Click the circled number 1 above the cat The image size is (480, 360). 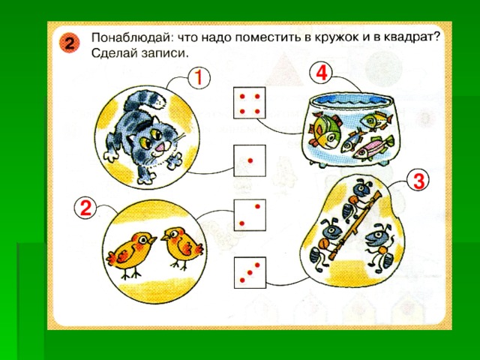pos(199,78)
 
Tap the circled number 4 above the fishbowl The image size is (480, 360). pos(322,73)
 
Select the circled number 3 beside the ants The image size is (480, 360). pos(418,181)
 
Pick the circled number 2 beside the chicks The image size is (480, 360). pos(85,208)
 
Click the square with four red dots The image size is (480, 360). pos(250,103)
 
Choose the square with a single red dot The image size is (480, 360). pos(250,160)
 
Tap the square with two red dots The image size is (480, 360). pos(250,215)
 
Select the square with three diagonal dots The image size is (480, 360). pos(250,272)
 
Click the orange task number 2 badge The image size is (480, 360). pos(70,43)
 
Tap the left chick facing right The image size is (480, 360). pos(132,253)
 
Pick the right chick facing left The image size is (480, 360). pos(181,247)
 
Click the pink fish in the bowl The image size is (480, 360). pos(373,148)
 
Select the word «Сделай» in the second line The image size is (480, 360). pos(113,53)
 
